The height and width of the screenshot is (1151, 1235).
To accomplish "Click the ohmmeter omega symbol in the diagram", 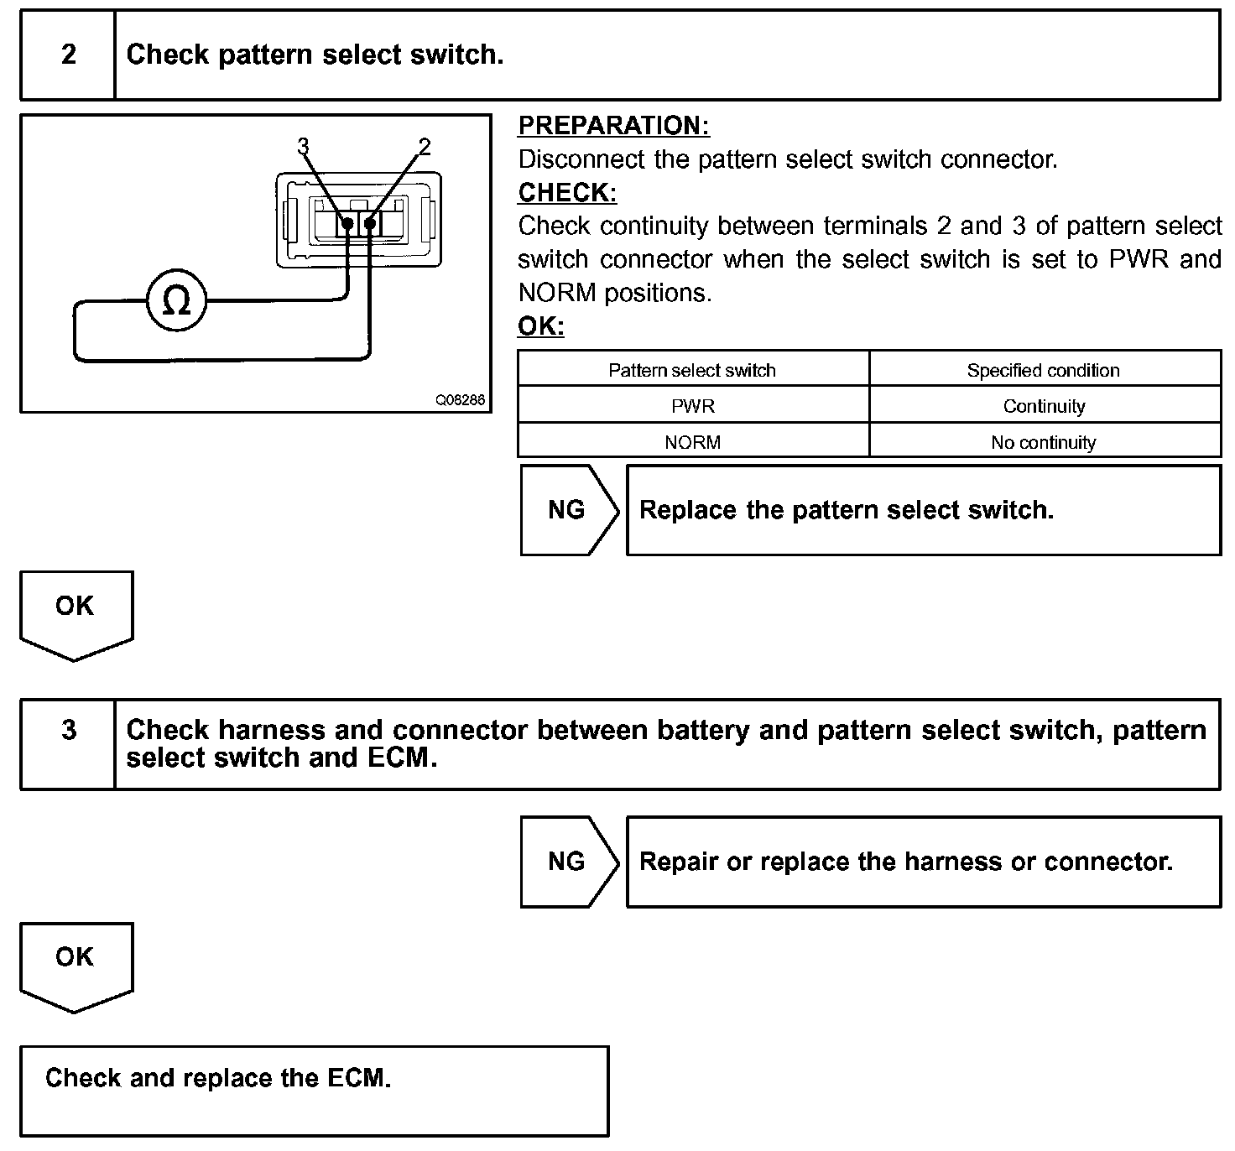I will coord(176,301).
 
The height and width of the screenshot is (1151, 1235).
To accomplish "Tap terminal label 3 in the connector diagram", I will coord(303,147).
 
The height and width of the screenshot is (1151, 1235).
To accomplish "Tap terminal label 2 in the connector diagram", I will coord(424,147).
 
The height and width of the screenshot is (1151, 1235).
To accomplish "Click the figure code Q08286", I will coord(460,400).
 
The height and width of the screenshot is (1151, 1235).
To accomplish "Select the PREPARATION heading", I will coord(613,126).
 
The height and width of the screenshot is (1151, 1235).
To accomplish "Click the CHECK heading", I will coord(567,193).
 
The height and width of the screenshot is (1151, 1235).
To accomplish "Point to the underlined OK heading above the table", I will coord(541,326).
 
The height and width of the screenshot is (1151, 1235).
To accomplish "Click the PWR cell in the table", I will coord(693,406).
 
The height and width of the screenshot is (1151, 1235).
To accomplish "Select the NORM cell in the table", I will coord(692,442).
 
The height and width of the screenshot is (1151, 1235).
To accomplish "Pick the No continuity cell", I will coord(1044,442).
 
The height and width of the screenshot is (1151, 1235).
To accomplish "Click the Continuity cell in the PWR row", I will coord(1044,406).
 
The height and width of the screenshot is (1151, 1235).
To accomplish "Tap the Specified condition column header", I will coord(1043,370).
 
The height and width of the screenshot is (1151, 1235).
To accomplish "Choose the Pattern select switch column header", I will coord(692,370).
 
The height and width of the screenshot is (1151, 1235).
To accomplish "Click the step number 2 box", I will coord(68,55).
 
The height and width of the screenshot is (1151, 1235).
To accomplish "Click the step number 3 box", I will coord(68,730).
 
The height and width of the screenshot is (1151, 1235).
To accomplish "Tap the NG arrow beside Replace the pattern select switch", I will coord(567,510).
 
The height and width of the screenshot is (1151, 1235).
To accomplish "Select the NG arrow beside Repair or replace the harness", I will coord(567,862).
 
